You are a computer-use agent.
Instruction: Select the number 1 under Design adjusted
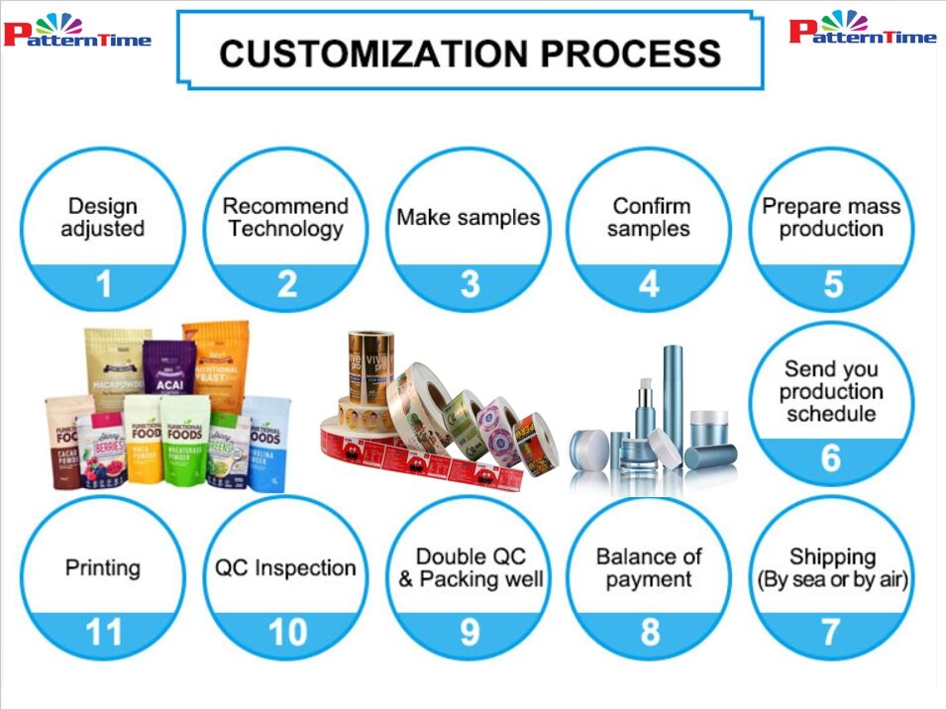click(103, 285)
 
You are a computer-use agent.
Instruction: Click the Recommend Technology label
click(285, 217)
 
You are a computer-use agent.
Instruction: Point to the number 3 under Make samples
click(470, 285)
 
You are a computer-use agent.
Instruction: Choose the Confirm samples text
click(649, 217)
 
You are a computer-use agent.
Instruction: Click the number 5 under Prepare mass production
click(832, 285)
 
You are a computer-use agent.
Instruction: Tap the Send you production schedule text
click(831, 391)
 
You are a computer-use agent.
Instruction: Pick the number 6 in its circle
click(831, 458)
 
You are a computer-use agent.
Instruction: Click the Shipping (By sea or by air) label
click(832, 567)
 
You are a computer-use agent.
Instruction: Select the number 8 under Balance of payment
click(650, 632)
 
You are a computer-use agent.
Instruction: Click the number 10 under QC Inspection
click(286, 632)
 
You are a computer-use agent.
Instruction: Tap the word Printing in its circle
click(103, 568)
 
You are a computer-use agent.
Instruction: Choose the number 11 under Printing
click(103, 632)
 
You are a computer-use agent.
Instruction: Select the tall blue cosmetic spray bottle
click(673, 396)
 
